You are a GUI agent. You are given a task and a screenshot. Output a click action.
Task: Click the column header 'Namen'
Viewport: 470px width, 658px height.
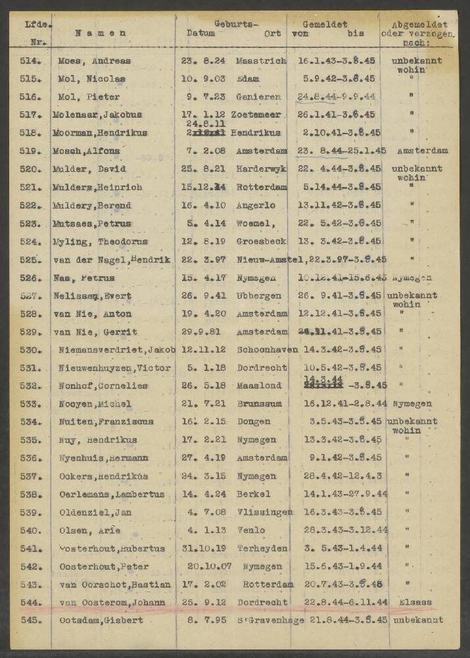tap(100, 33)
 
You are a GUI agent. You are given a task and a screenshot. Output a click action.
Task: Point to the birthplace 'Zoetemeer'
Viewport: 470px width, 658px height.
tap(262, 114)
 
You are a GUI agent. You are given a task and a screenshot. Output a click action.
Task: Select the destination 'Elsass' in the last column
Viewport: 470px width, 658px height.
tap(415, 602)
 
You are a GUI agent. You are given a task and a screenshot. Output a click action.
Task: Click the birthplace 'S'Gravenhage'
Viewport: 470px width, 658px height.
tap(263, 620)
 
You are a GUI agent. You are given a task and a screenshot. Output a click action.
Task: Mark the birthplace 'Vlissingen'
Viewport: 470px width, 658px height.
tap(264, 512)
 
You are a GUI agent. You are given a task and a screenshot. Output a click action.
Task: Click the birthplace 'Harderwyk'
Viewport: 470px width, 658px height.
tap(262, 168)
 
